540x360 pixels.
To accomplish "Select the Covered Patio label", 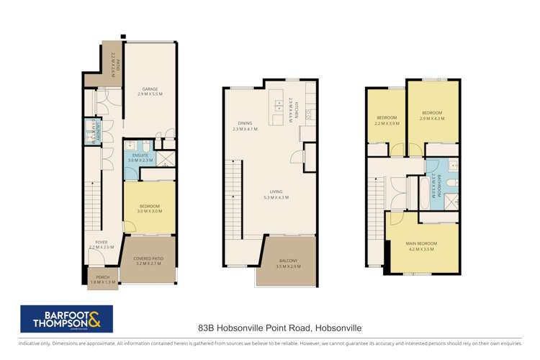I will pos(149,261).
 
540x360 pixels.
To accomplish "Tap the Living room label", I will pos(276,194).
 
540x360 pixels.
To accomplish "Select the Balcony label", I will pos(286,263).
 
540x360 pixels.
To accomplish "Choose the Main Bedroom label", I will pos(422,245).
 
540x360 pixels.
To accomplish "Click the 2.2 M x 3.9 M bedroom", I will pos(387,120).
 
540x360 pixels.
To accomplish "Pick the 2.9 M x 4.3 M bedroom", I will pos(432,115).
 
